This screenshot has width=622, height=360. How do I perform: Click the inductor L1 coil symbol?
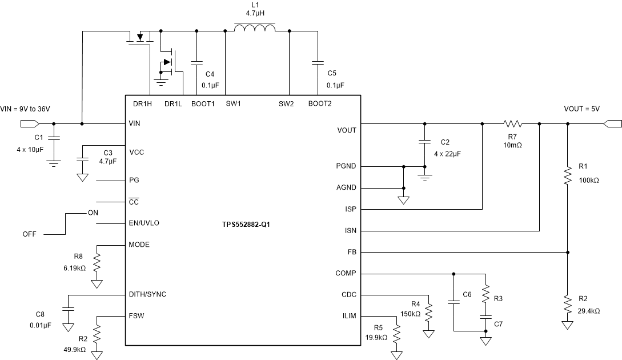tap(255, 29)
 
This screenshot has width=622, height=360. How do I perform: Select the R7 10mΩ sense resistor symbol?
tap(513, 123)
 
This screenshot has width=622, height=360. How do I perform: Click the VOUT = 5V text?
tap(581, 109)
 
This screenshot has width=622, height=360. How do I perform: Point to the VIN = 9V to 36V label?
tap(29, 109)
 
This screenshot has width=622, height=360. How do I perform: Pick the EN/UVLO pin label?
tap(145, 223)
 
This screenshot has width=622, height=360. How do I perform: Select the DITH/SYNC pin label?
tap(148, 294)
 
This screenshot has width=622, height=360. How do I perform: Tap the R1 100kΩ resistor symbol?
tap(567, 175)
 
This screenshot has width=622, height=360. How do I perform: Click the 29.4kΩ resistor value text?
tap(589, 311)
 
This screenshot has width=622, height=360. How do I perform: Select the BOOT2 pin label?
tap(320, 103)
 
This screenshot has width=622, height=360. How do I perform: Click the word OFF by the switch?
tap(30, 234)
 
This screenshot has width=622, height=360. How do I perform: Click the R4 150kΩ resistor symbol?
tap(428, 313)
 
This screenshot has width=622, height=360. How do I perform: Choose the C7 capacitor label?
tap(499, 324)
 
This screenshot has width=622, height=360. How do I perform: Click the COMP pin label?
tap(346, 273)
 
